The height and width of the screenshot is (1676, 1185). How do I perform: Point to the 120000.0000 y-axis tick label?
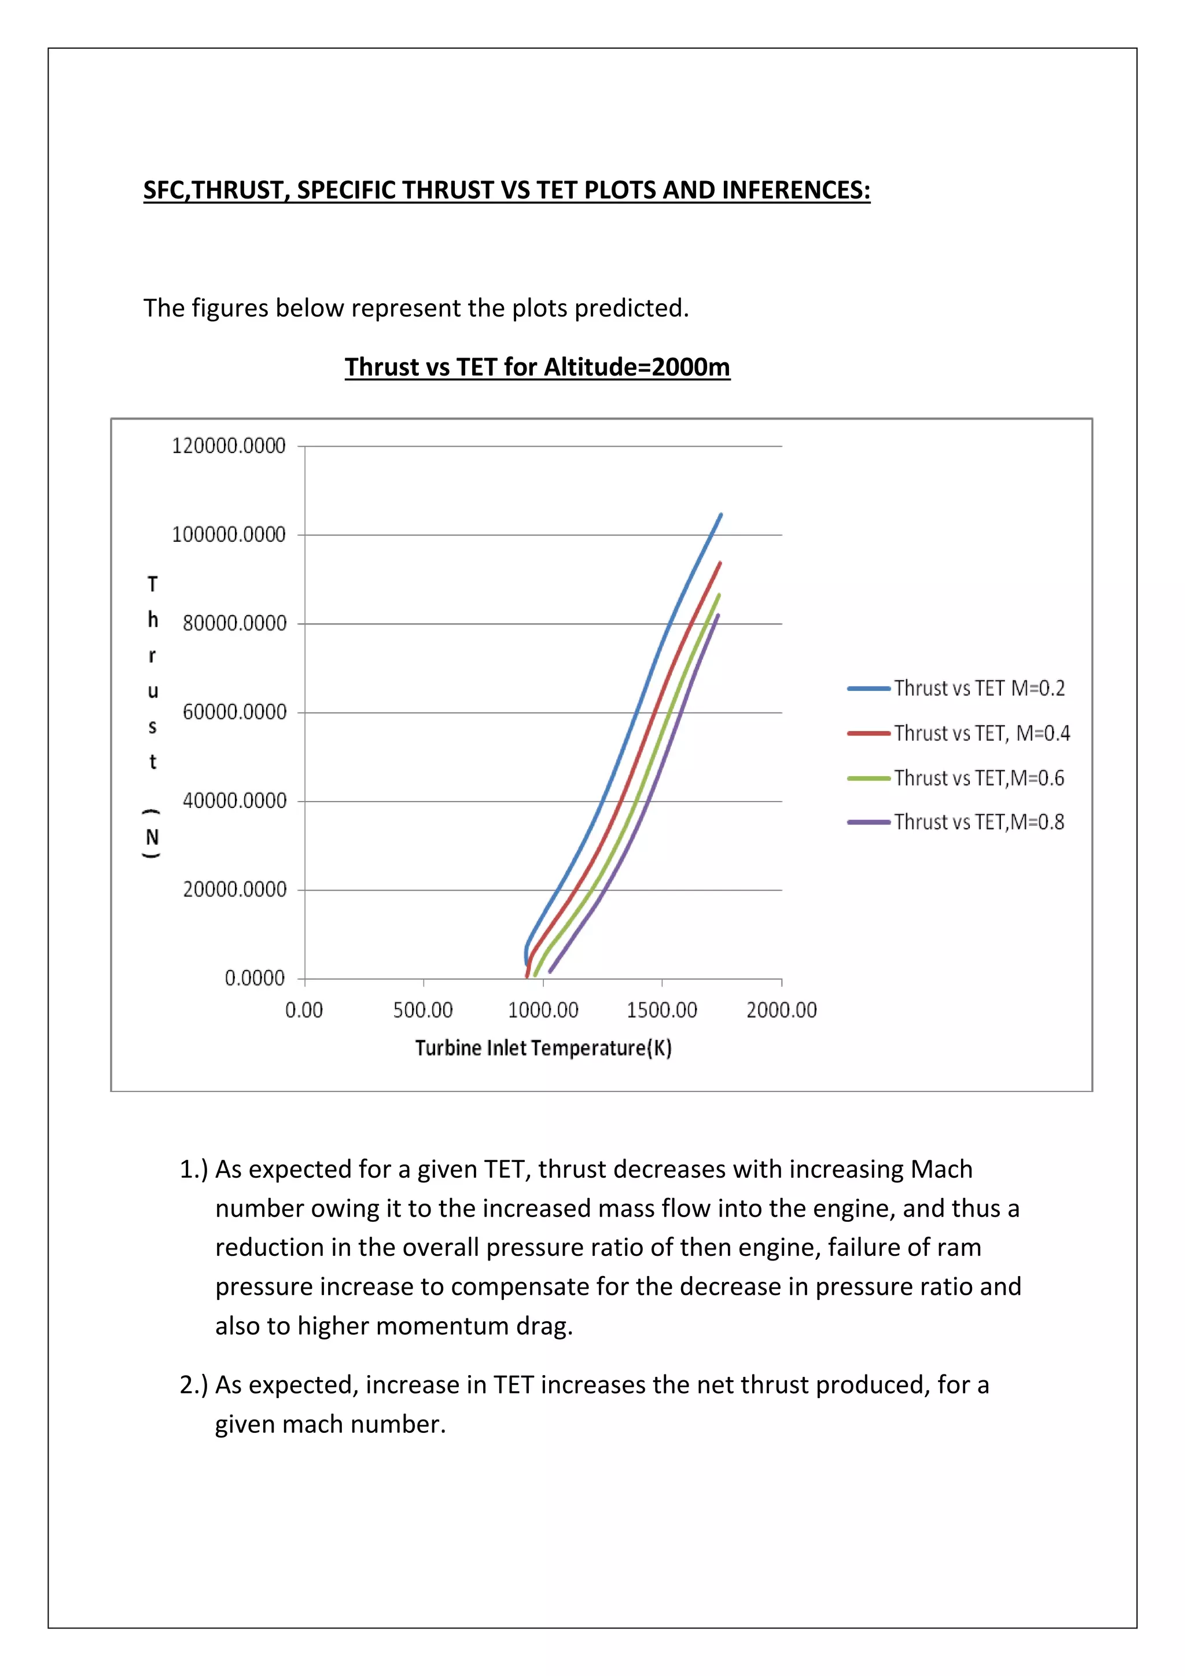[x=229, y=446]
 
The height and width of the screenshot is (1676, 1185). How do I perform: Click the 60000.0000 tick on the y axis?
[x=234, y=712]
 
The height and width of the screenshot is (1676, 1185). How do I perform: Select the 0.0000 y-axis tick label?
[x=254, y=978]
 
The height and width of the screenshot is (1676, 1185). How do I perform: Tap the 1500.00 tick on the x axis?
[x=662, y=1010]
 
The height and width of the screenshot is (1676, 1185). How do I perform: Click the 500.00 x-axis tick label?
[x=423, y=1010]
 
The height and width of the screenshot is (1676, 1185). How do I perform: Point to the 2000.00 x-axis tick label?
[x=782, y=1010]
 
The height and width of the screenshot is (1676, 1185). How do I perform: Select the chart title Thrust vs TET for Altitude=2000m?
[x=537, y=366]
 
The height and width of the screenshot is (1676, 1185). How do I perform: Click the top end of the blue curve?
[x=721, y=514]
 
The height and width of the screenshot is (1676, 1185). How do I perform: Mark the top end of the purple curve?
[x=718, y=615]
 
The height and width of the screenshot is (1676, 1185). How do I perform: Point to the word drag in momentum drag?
[x=544, y=1326]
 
